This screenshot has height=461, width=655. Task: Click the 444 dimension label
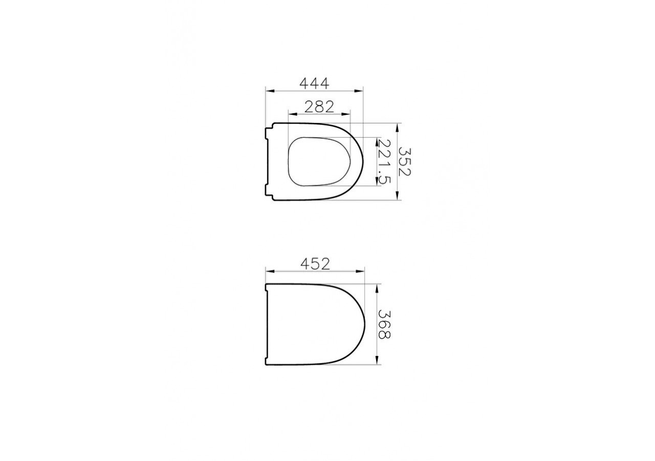point(314,83)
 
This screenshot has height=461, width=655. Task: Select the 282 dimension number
point(319,107)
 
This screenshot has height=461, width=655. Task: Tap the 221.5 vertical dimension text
point(384,161)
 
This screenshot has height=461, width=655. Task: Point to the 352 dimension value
point(405,161)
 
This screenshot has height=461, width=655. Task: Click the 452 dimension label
point(315,264)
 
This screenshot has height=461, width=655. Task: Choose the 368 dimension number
point(384,324)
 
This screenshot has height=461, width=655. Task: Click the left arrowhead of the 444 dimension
point(270,91)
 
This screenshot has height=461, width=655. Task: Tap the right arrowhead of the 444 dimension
point(359,91)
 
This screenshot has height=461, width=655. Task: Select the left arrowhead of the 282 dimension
point(293,114)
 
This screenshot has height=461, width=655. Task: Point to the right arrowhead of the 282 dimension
point(345,114)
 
